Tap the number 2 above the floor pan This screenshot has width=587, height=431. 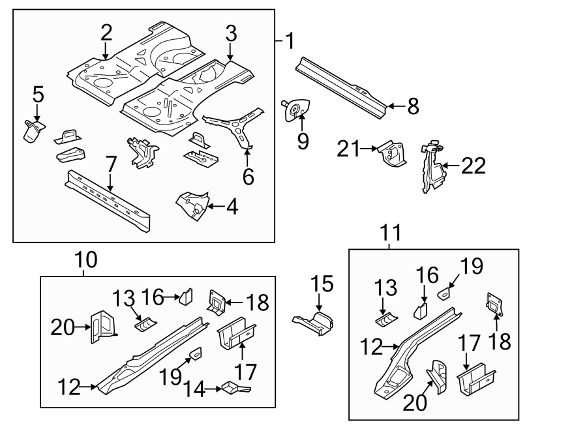coord(106,33)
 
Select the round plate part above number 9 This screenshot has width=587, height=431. coord(297,110)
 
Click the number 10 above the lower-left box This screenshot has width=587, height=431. coord(85,260)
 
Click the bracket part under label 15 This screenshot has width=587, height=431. coord(314,322)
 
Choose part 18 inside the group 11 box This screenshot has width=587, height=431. coord(496,304)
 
